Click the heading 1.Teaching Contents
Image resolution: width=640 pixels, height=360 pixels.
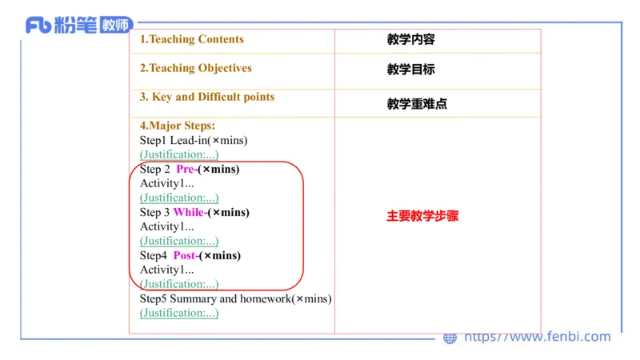click(192, 39)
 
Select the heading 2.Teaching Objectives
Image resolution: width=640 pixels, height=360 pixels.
click(196, 68)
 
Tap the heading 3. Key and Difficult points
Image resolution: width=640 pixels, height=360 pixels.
click(207, 97)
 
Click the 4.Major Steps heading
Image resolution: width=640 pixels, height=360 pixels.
click(178, 126)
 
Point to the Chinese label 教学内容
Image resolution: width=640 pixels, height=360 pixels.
click(410, 39)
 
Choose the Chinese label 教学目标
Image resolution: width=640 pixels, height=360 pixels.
click(410, 70)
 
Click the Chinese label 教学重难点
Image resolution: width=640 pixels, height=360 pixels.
click(417, 103)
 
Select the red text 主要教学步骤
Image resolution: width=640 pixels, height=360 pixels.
click(422, 216)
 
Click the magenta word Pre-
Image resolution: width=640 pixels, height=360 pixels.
click(186, 169)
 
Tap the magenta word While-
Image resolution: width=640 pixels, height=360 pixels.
click(190, 212)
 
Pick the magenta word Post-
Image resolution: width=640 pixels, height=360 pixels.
click(186, 255)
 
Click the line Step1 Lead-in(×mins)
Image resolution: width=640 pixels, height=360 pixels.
click(194, 140)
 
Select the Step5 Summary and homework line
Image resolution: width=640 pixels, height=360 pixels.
click(235, 298)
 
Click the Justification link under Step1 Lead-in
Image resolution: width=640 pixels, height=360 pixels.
click(179, 154)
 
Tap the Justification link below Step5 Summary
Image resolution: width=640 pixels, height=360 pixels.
click(179, 313)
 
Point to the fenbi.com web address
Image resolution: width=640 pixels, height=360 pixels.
click(538, 337)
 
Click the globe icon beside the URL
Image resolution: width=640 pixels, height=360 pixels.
click(450, 338)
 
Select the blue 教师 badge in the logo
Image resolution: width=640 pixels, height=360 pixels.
click(116, 26)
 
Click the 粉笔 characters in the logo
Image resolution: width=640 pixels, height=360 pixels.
click(76, 26)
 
